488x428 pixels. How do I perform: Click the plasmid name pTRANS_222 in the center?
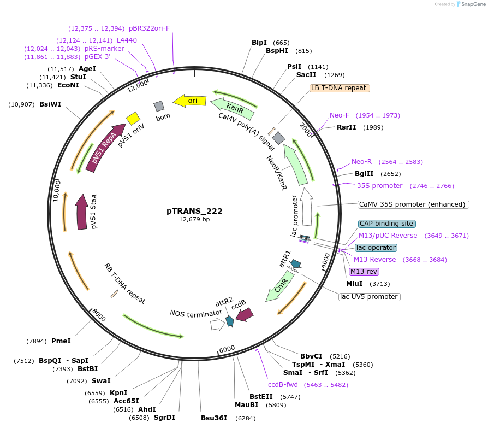point(194,211)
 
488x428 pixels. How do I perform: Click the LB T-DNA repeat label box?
point(339,88)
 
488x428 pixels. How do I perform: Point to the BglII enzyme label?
point(364,174)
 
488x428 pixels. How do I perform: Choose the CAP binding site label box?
point(386,224)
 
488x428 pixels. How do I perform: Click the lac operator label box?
point(376,248)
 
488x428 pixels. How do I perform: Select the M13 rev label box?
point(364,272)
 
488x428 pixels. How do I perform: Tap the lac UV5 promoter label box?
point(369,297)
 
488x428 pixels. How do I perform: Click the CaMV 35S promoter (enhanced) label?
point(413,204)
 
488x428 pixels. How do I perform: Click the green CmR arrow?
point(279,288)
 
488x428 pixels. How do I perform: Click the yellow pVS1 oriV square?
point(133,118)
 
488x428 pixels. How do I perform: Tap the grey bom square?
point(159,106)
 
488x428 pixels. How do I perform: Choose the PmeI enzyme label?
point(61,341)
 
